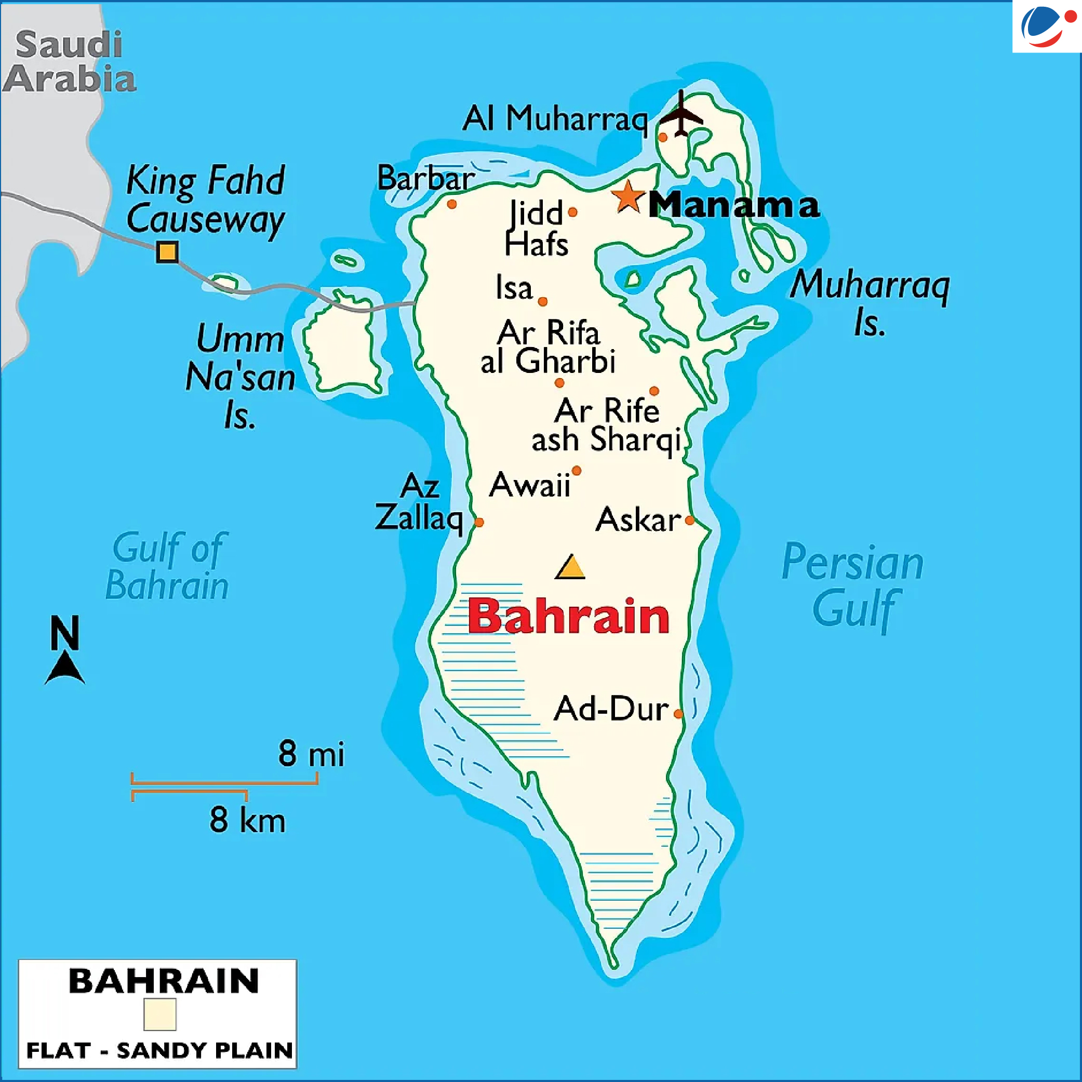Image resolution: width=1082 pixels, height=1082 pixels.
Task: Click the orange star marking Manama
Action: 628,197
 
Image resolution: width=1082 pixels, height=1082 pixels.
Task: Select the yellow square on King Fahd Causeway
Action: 167,251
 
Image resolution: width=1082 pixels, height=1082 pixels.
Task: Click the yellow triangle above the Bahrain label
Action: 570,567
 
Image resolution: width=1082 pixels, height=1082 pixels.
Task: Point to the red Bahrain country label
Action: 568,616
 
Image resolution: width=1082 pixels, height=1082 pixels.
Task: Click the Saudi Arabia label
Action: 69,62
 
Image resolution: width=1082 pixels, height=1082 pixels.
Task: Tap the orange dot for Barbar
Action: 452,205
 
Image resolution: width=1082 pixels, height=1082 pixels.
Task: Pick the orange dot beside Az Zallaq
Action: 479,523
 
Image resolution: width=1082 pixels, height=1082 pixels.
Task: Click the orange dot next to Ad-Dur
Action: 678,714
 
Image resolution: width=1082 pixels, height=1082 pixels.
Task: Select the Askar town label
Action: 638,520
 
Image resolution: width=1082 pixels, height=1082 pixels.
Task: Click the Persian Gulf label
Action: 852,585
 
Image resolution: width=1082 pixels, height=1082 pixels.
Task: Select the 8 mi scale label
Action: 311,753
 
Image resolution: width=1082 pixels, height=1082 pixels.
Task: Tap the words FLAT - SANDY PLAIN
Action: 159,1050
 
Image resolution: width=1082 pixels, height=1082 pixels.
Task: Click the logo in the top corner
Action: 1046,26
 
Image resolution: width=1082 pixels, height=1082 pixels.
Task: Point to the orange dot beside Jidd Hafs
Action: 572,212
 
